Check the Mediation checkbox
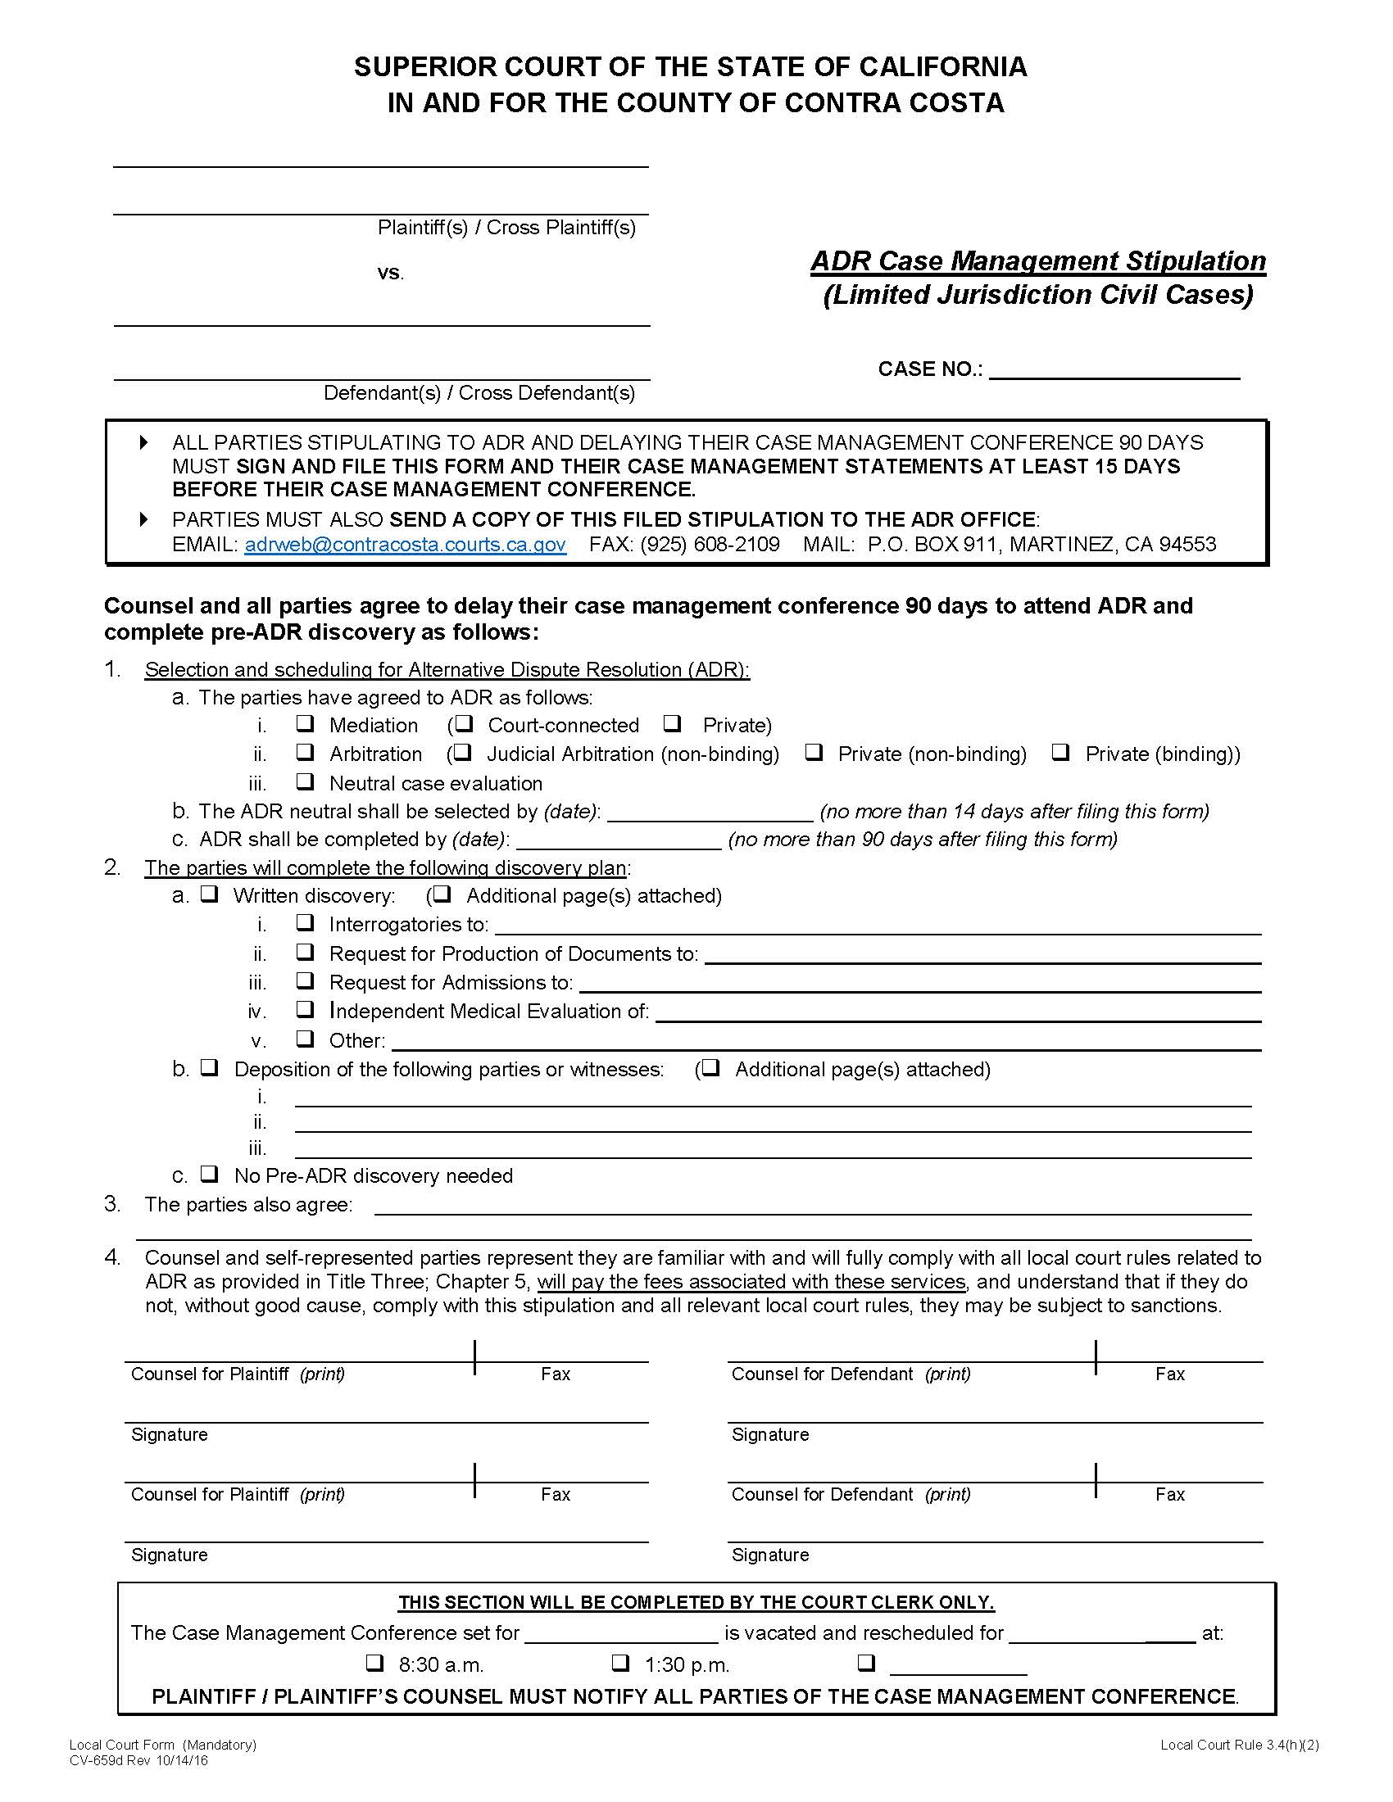[x=306, y=723]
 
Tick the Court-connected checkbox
[x=465, y=723]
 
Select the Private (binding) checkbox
[x=1061, y=752]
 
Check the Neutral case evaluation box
[x=306, y=781]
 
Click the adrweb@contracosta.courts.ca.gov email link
[x=405, y=545]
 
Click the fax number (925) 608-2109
[x=710, y=545]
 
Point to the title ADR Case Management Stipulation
[x=1038, y=261]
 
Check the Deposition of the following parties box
[x=210, y=1067]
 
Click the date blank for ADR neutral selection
[x=710, y=812]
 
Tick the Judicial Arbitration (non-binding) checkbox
[x=463, y=752]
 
